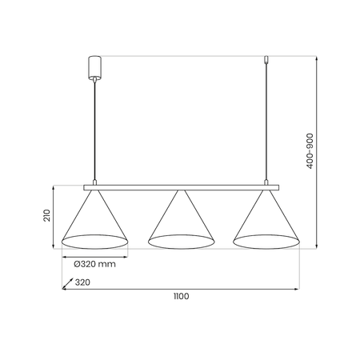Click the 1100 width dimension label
[x=182, y=296]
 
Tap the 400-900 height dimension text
[x=310, y=151]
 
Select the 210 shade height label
[x=47, y=215]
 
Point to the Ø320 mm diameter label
[x=94, y=264]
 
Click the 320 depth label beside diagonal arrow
[x=82, y=282]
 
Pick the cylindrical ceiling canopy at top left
[x=94, y=67]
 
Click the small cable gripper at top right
[x=266, y=59]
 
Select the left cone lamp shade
[x=94, y=219]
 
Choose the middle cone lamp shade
[x=182, y=219]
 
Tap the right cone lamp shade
[x=266, y=219]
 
